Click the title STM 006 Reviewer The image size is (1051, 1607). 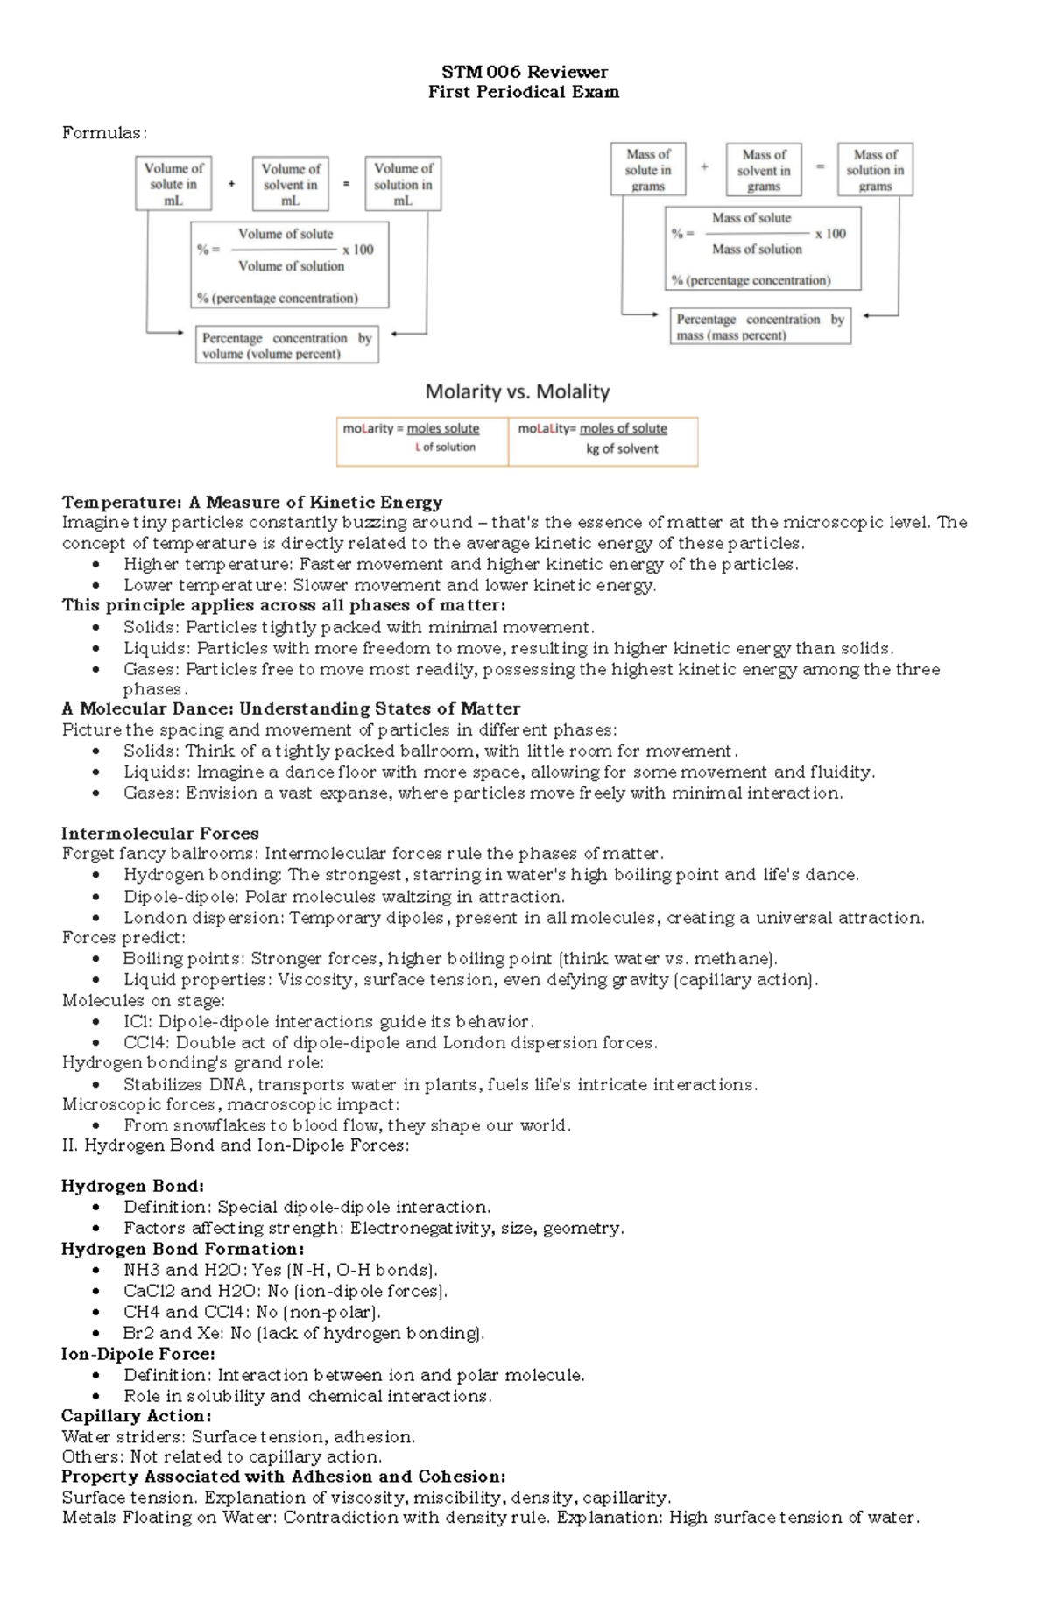pyautogui.click(x=524, y=72)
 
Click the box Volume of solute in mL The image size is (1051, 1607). pyautogui.click(x=173, y=184)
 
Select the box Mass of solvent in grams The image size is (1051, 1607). pyautogui.click(x=764, y=170)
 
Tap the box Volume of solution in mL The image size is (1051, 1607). pyautogui.click(x=403, y=184)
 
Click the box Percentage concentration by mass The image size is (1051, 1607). pyautogui.click(x=760, y=327)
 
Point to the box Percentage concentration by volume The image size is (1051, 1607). pyautogui.click(x=286, y=346)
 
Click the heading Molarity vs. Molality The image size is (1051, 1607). pyautogui.click(x=517, y=391)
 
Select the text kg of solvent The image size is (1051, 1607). pyautogui.click(x=622, y=448)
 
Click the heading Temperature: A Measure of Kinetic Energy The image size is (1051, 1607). pyautogui.click(x=251, y=502)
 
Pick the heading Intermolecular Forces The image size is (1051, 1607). pyautogui.click(x=159, y=833)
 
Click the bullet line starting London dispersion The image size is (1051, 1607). pyautogui.click(x=523, y=918)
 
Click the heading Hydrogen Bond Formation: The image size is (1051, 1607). pyautogui.click(x=182, y=1249)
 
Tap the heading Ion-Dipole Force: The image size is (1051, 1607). pyautogui.click(x=138, y=1354)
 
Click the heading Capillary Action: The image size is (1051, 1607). pyautogui.click(x=136, y=1416)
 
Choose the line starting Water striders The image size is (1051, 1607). pyautogui.click(x=238, y=1436)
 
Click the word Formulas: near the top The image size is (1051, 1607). pyautogui.click(x=104, y=133)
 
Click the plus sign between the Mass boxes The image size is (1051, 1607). pyautogui.click(x=705, y=166)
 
